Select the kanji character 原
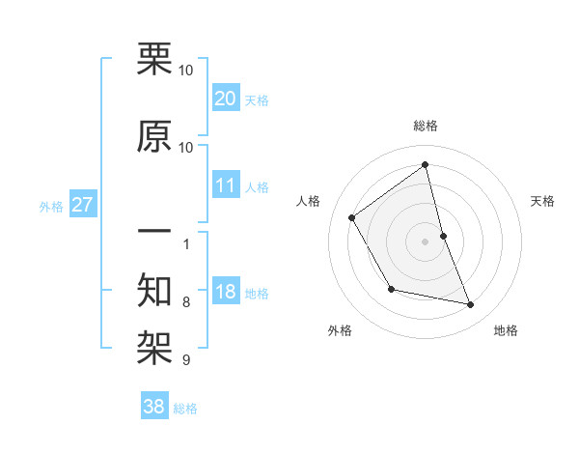[x=155, y=136]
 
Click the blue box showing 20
[x=226, y=99]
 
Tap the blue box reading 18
[x=226, y=292]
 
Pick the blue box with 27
[x=82, y=205]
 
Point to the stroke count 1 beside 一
[x=186, y=243]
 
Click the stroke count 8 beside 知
[x=186, y=302]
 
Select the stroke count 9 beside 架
[x=186, y=360]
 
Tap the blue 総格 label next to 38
[x=185, y=409]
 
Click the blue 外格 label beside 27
[x=51, y=206]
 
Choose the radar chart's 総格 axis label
[x=425, y=126]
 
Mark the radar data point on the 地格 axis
[x=471, y=305]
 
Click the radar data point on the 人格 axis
[x=352, y=218]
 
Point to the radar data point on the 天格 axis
[x=443, y=235]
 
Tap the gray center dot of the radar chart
[x=425, y=241]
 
